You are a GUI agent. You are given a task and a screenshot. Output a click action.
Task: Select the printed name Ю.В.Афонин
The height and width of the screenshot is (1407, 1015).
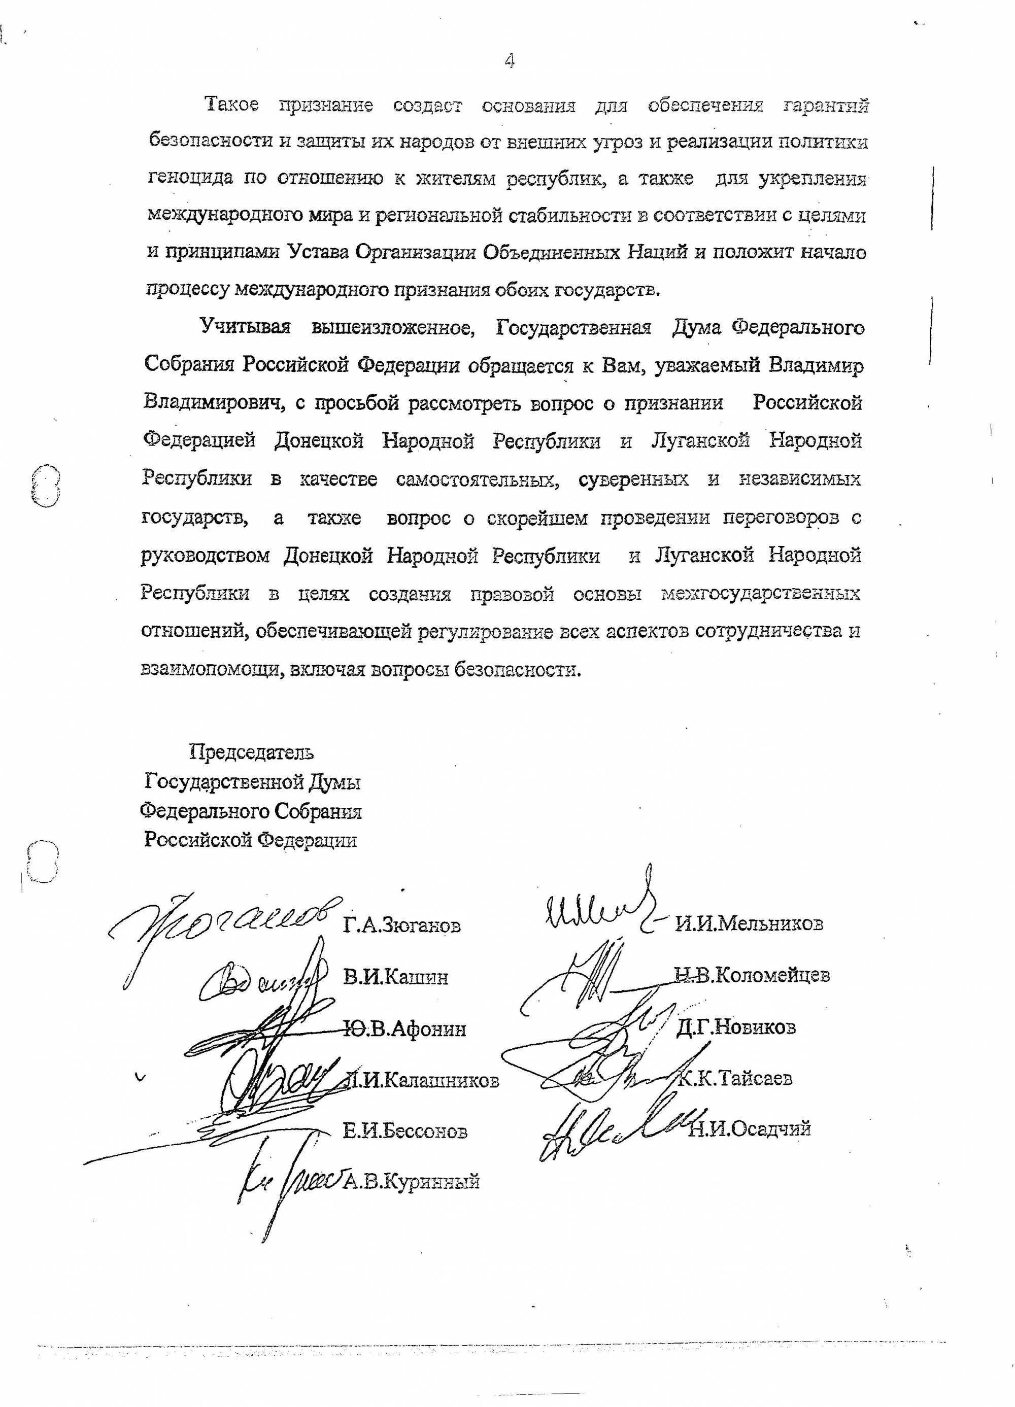[x=404, y=1029]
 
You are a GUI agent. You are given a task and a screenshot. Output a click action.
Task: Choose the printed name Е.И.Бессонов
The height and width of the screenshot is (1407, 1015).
[x=405, y=1131]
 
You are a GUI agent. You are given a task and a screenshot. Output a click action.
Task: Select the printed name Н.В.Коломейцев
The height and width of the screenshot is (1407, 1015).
[x=752, y=976]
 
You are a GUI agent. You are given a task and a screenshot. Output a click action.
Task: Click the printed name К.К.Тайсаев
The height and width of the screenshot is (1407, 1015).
[x=734, y=1079]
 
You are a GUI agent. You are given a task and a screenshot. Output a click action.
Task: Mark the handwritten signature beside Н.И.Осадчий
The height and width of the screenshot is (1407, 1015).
[x=620, y=1129]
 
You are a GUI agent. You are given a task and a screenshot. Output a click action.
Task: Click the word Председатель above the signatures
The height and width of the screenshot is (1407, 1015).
[x=251, y=752]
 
